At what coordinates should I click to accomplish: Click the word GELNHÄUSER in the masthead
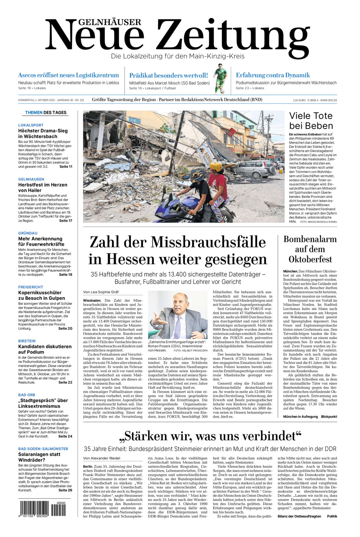104,22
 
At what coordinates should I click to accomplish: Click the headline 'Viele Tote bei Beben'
311,120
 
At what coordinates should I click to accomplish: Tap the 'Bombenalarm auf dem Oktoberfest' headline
310,249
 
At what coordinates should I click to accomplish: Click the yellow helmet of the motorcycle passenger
216,167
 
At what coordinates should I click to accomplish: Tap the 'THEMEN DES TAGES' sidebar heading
46,113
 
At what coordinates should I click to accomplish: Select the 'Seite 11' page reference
65,167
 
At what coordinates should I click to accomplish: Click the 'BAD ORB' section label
27,395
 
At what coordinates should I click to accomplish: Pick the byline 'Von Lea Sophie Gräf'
101,292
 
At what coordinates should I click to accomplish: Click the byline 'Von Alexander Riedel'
102,458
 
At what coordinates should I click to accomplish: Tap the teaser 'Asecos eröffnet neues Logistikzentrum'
69,75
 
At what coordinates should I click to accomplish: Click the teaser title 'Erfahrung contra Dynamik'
273,75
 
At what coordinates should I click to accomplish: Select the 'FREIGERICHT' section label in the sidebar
31,287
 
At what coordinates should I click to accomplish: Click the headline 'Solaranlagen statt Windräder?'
39,457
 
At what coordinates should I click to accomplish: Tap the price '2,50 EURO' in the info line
300,100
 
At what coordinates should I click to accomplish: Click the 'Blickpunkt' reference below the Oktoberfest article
329,417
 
